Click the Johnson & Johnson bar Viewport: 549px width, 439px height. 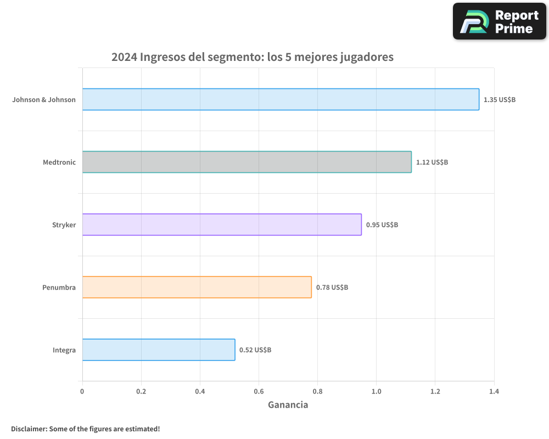pos(281,99)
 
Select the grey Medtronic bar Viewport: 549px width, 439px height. pos(247,162)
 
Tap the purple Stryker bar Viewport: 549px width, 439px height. pos(222,224)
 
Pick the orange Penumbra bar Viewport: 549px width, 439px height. pos(197,287)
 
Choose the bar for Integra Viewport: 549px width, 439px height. pos(159,350)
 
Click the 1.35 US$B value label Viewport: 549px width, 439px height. pos(499,100)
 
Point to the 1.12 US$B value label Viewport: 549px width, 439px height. pos(432,162)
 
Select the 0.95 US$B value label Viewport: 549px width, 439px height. pos(382,225)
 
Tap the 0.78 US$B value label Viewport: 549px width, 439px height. pos(332,288)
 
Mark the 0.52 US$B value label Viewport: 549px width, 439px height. pos(255,350)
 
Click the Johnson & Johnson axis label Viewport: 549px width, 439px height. pos(44,100)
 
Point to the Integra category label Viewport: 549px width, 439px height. pos(64,350)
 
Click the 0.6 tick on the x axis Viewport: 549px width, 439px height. pos(259,391)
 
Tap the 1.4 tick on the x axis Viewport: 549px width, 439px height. pos(494,391)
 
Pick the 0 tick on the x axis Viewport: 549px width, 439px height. pos(82,391)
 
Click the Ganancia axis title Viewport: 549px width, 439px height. pos(288,405)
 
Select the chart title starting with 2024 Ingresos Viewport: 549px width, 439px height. pos(252,57)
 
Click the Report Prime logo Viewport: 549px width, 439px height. pos(500,21)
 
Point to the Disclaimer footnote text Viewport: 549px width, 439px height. pos(85,429)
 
